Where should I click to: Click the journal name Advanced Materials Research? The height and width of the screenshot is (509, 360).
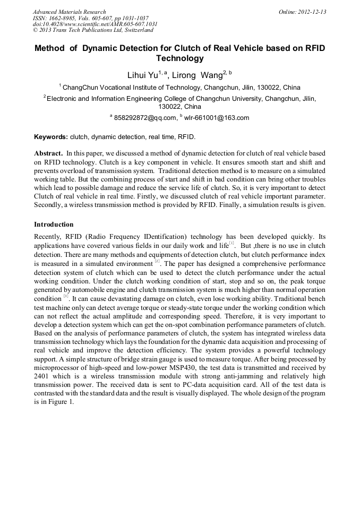pyautogui.click(x=69, y=12)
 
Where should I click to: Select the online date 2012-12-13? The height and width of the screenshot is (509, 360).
pyautogui.click(x=312, y=12)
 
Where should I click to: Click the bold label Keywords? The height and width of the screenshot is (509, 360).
pyautogui.click(x=51, y=137)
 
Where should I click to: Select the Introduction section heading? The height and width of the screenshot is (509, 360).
pyautogui.click(x=54, y=225)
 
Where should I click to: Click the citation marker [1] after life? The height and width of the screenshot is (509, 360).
pyautogui.click(x=232, y=243)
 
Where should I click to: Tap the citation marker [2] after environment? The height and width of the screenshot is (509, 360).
pyautogui.click(x=157, y=261)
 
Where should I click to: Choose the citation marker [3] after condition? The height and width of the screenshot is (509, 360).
pyautogui.click(x=66, y=296)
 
